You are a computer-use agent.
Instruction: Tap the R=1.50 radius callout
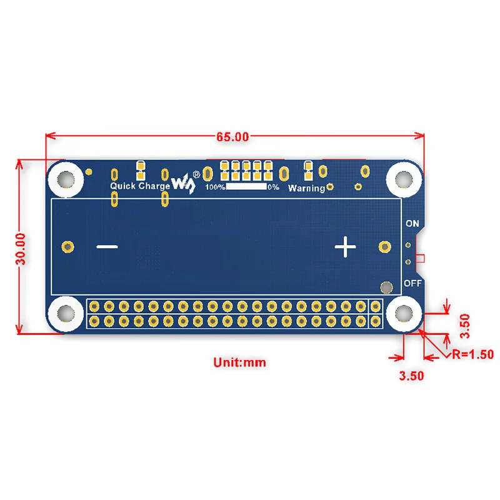coord(473,354)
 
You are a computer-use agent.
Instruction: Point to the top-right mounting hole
coord(403,178)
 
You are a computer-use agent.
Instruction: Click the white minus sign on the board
coord(107,247)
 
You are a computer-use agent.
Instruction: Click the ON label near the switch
coord(412,223)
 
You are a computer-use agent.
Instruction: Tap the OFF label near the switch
coord(412,282)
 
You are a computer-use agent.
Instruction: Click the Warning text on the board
coord(306,187)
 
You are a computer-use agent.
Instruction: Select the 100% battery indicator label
coord(215,187)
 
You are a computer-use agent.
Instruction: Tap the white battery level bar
coord(246,186)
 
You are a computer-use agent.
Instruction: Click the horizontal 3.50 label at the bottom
coord(412,376)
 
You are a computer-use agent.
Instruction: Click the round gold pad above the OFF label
coord(387,287)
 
